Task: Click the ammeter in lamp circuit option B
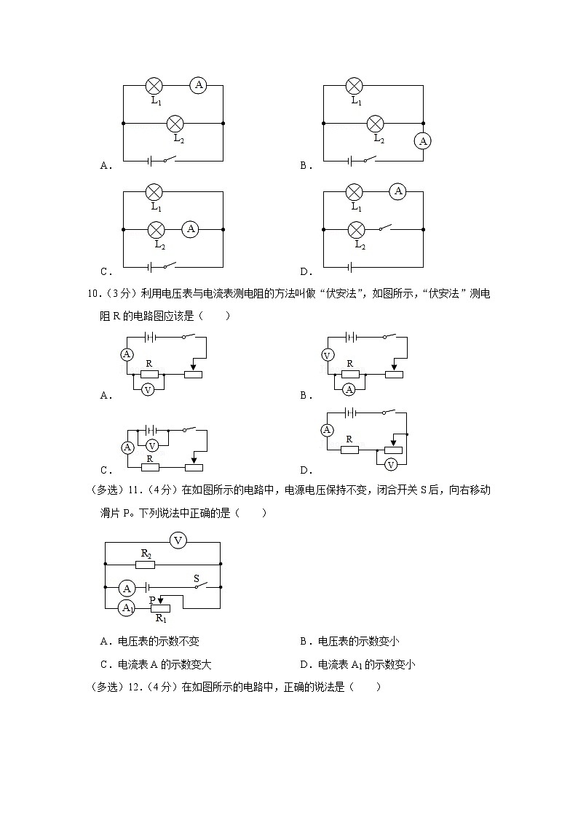(x=423, y=140)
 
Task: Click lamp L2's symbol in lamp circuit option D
(x=356, y=230)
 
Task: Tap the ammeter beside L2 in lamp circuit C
(x=191, y=229)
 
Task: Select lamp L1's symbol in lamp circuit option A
(x=154, y=86)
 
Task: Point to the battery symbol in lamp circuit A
(x=150, y=160)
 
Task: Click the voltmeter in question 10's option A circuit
(x=148, y=389)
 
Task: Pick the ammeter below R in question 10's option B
(x=349, y=389)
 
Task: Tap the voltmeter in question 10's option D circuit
(x=391, y=464)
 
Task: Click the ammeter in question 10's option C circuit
(x=127, y=447)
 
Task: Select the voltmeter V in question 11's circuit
(x=178, y=540)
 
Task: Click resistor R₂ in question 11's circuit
(x=146, y=563)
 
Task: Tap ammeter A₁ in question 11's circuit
(x=127, y=607)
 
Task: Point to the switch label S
(x=196, y=579)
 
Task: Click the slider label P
(x=152, y=600)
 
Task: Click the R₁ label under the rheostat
(x=160, y=619)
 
